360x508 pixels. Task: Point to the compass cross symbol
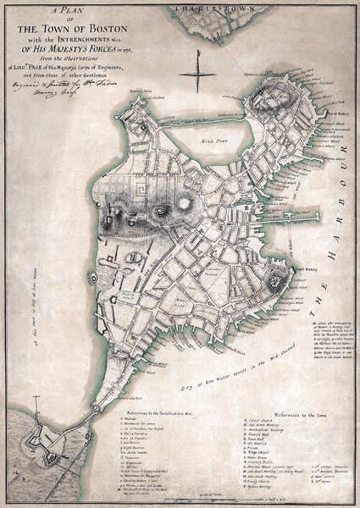pyautogui.click(x=197, y=75)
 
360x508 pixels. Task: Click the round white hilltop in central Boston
pyautogui.click(x=184, y=204)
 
